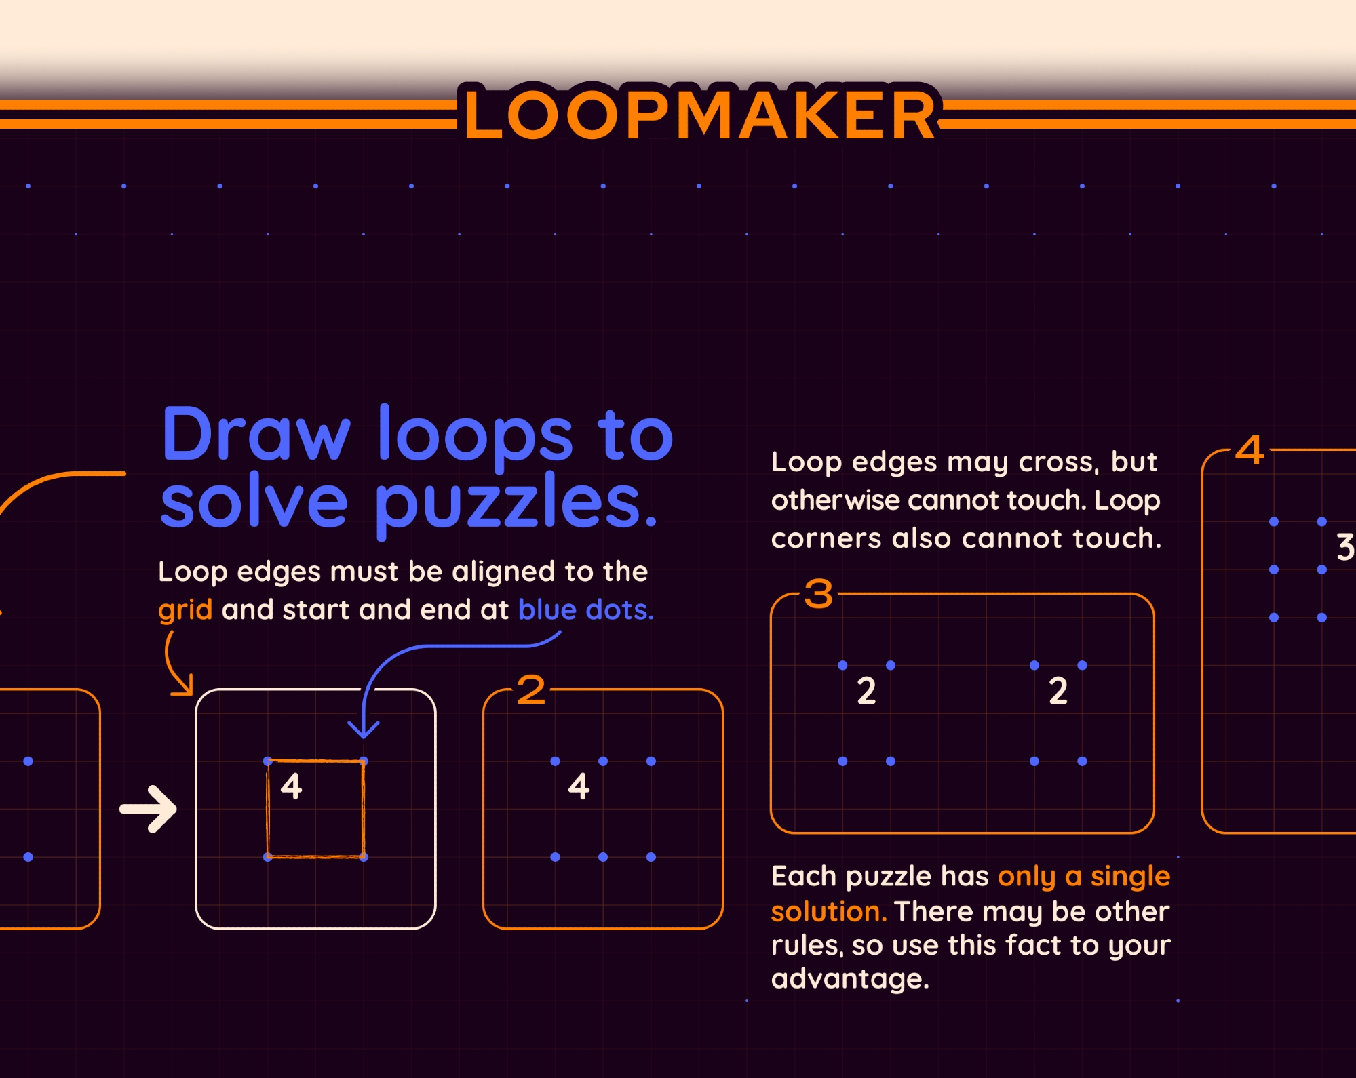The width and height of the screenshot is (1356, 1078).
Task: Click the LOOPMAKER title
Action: (x=700, y=115)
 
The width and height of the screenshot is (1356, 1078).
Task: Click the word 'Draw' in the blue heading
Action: (x=256, y=435)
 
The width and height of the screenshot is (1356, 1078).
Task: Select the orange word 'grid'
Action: (x=185, y=610)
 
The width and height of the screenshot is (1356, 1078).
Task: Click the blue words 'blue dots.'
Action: (x=586, y=610)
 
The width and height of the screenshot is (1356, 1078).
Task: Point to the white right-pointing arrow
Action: (x=148, y=809)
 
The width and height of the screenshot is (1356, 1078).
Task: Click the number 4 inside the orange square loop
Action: (x=292, y=786)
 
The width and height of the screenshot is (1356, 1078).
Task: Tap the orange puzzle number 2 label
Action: (x=531, y=690)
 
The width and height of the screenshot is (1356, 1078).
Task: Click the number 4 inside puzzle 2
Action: (x=579, y=786)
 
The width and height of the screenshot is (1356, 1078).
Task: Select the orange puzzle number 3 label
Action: (x=819, y=595)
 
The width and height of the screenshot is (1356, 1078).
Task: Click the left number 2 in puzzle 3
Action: (x=866, y=691)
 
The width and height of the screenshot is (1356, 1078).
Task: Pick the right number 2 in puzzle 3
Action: (x=1058, y=691)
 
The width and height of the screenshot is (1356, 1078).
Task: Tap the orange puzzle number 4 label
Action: (x=1250, y=450)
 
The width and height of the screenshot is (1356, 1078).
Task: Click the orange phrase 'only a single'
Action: (x=1084, y=877)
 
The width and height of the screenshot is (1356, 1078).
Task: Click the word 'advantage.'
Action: (x=850, y=979)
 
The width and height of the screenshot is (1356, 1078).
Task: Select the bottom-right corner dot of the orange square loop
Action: (x=364, y=857)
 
